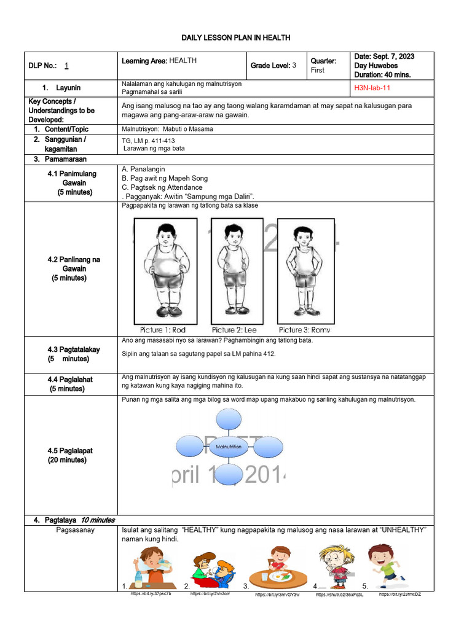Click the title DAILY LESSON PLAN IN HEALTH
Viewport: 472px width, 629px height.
click(236, 38)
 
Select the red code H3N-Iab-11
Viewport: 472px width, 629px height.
click(372, 88)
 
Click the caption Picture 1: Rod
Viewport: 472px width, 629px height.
click(163, 330)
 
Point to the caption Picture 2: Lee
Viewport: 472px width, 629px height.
click(234, 330)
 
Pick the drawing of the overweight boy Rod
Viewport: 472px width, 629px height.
click(164, 270)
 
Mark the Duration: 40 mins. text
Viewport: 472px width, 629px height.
click(383, 75)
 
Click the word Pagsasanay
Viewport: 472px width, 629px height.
click(76, 531)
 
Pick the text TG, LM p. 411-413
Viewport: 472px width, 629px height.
click(149, 141)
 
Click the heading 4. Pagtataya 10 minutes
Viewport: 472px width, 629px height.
click(74, 520)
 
